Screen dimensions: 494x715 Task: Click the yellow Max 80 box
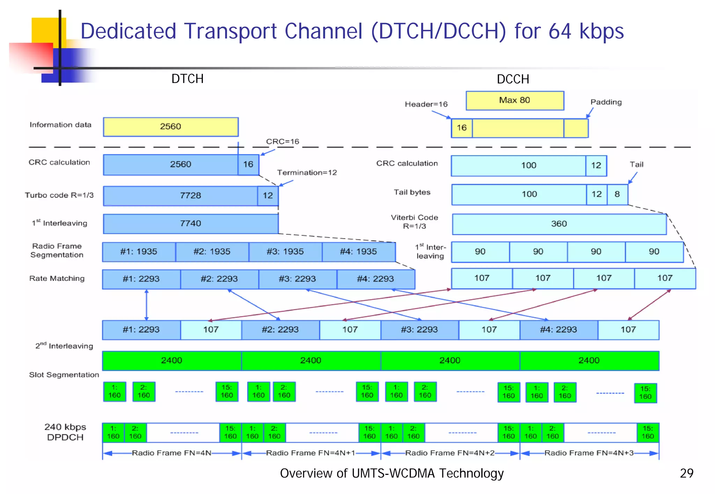pyautogui.click(x=515, y=100)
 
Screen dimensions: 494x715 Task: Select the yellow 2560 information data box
pyautogui.click(x=170, y=127)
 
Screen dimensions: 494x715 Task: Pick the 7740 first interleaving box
pyautogui.click(x=191, y=224)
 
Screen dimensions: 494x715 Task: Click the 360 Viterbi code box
pyautogui.click(x=559, y=224)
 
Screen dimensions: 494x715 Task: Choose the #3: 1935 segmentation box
pyautogui.click(x=285, y=252)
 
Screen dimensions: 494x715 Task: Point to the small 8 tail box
pyautogui.click(x=617, y=194)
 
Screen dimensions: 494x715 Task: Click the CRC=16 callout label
pyautogui.click(x=282, y=142)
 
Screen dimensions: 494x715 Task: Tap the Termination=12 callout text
pyautogui.click(x=307, y=173)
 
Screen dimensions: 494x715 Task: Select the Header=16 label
pyautogui.click(x=426, y=104)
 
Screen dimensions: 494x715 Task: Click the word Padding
pyautogui.click(x=606, y=102)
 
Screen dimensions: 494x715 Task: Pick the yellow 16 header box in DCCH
pyautogui.click(x=462, y=128)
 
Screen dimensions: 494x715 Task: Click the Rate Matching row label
pyautogui.click(x=57, y=278)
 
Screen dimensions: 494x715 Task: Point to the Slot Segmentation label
pyautogui.click(x=64, y=375)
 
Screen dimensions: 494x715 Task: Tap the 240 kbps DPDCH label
pyautogui.click(x=65, y=432)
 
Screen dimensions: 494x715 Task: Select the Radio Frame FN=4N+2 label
pyautogui.click(x=450, y=453)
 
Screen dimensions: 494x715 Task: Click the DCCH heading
pyautogui.click(x=513, y=79)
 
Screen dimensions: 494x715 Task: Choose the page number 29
pyautogui.click(x=686, y=473)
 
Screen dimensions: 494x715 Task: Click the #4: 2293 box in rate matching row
pyautogui.click(x=375, y=279)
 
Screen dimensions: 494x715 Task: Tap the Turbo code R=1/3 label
pyautogui.click(x=59, y=195)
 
